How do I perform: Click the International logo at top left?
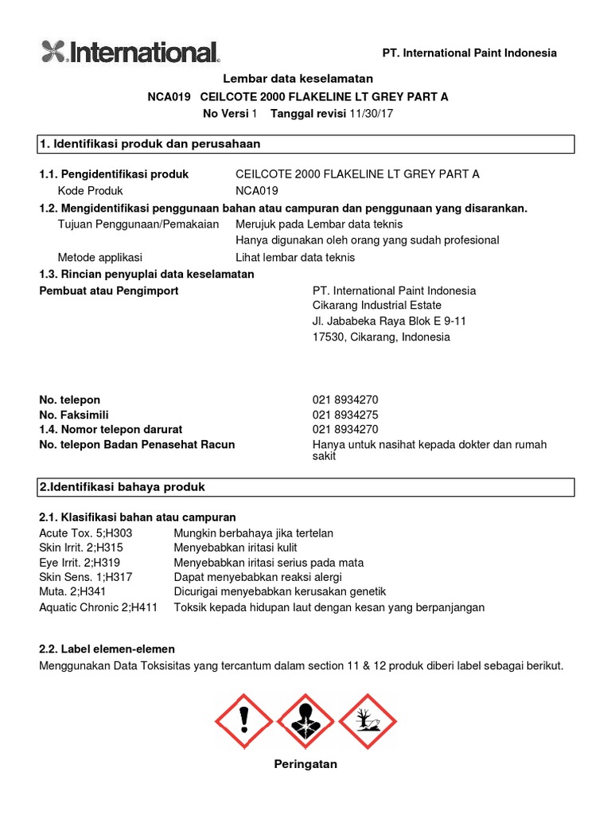[x=130, y=53]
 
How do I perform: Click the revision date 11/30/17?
[x=372, y=114]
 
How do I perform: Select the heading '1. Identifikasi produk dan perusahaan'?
[x=150, y=144]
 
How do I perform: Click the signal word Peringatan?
[x=305, y=764]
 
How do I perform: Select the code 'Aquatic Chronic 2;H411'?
[x=99, y=607]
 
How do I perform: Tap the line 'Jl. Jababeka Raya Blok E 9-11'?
[x=389, y=322]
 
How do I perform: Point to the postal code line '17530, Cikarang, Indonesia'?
[x=381, y=337]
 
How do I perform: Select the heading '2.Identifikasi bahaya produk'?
[x=123, y=486]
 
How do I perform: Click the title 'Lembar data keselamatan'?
[x=298, y=80]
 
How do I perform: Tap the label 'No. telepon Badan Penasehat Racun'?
[x=137, y=444]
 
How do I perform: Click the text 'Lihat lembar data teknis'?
[x=295, y=257]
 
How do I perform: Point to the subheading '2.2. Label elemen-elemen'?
[x=107, y=649]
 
